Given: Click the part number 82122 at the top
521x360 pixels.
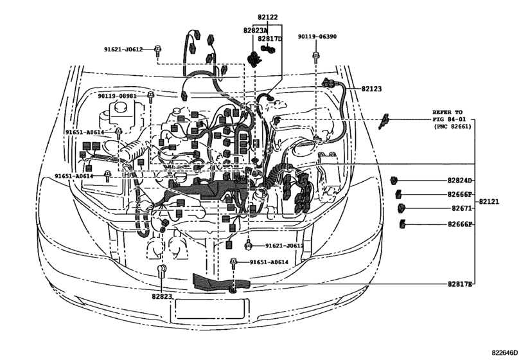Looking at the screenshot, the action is coord(267,17).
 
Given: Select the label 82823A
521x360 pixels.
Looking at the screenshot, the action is coord(255,30).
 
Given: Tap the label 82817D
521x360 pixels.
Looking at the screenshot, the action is coord(269,39).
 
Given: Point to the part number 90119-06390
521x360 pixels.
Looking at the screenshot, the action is coord(317,36).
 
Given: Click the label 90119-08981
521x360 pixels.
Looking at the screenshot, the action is coord(117,96).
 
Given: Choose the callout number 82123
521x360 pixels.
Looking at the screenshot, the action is coord(371,89).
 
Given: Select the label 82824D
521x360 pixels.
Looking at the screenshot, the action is coord(459,181).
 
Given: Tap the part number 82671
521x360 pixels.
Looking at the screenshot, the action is coord(461,208).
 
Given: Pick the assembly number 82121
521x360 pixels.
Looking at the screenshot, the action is coord(489,201).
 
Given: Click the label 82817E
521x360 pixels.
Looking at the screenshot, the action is coord(459,284).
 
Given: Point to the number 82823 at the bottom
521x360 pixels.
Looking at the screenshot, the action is coord(162,296).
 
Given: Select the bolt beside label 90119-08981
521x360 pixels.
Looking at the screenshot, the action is coord(150,96).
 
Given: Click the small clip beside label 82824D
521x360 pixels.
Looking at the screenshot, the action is coord(394,181).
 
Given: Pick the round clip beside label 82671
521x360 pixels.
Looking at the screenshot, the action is coord(402,208).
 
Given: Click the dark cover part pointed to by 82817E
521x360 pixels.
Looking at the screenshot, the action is coord(220,283).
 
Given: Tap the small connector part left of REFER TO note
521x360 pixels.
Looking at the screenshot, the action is coord(384,121).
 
